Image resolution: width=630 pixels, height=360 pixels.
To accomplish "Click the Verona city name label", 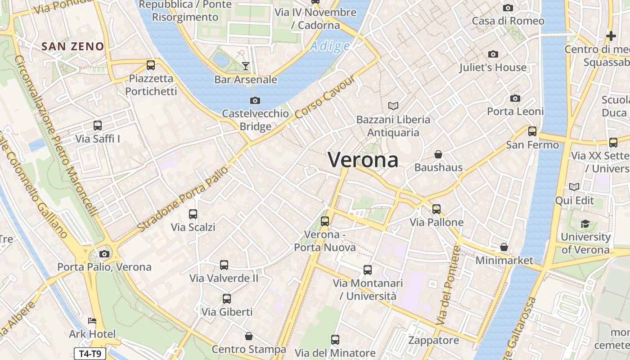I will pos(363,160).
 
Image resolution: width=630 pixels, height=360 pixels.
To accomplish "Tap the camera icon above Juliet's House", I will pos(493,54).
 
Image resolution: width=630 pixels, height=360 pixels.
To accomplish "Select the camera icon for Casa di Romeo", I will pos(508,8).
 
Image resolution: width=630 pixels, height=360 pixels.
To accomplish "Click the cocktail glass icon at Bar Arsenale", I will pos(245,66).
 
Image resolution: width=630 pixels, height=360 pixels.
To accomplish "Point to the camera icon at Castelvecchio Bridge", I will pos(255,100).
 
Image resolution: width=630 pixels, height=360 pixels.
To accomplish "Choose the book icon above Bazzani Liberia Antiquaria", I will pos(393,106).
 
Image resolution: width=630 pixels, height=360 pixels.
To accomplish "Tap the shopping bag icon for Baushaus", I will pos(438,154).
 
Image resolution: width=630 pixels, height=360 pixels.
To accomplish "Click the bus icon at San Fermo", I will pos(532,131).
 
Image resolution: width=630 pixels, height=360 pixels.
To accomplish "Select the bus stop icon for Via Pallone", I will pos(436,209).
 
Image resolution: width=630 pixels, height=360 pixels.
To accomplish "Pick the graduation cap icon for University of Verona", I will pos(585,224).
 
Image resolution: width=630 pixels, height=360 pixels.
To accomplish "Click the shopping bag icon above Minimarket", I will pos(504,247).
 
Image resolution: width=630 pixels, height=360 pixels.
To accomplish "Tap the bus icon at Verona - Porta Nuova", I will pos(325,221).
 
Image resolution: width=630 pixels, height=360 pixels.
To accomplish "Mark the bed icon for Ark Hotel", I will pos(92,321).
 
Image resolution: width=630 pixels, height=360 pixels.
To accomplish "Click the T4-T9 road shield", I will pos(90,354).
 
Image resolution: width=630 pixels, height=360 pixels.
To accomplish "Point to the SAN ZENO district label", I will pos(72,46).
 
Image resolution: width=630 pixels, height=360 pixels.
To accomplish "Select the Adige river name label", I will pos(330,46).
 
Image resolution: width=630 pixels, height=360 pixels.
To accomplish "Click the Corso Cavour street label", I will pos(325,97).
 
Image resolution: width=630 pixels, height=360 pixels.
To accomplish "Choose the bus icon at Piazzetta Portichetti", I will pos(151,65).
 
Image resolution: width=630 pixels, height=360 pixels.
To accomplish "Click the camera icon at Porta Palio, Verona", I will pos(104,254).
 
